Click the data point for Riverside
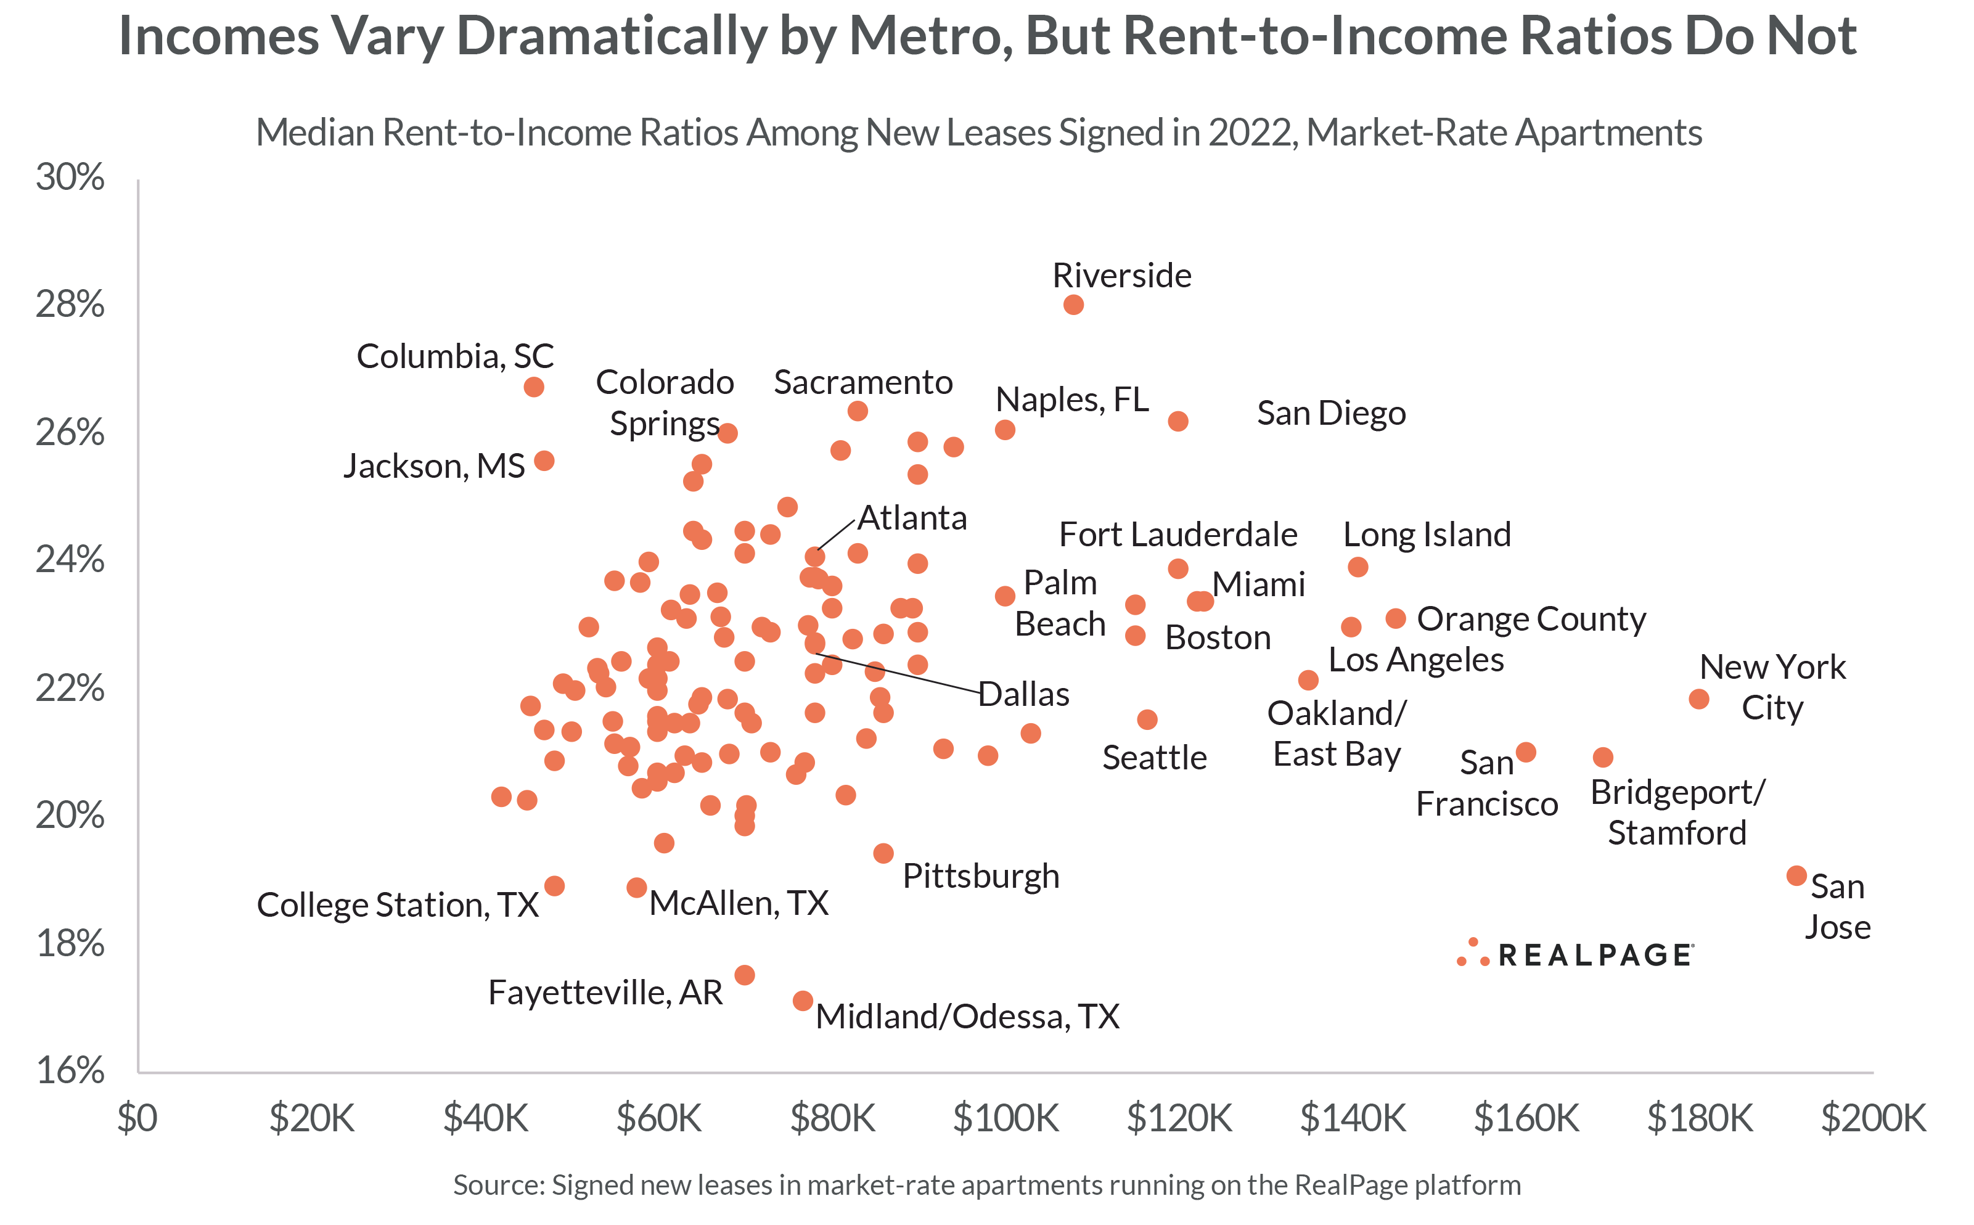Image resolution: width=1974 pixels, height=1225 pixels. tap(1073, 305)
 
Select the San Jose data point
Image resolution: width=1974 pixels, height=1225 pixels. tap(1796, 876)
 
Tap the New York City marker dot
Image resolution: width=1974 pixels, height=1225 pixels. tap(1698, 699)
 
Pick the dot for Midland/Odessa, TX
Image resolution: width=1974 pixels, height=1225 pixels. tap(803, 1001)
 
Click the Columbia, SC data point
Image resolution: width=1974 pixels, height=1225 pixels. tap(534, 387)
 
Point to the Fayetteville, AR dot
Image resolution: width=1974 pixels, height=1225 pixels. tap(744, 975)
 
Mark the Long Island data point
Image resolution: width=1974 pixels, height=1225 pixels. tap(1358, 567)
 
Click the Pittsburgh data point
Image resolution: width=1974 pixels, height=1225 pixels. tap(883, 853)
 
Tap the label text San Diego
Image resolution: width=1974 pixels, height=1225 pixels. tap(1331, 413)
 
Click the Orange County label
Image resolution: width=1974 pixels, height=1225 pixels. tap(1531, 619)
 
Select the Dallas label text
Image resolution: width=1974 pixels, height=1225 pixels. tap(1024, 694)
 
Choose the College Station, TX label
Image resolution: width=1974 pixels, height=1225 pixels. tap(397, 905)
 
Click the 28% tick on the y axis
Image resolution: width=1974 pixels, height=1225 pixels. tap(70, 305)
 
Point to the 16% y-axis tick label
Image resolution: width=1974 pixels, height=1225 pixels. tap(70, 1071)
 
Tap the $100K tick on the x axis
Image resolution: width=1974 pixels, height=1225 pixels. tap(1005, 1118)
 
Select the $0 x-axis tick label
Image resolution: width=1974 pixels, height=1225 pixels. tap(137, 1118)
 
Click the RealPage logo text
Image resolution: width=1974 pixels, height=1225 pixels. tap(1594, 955)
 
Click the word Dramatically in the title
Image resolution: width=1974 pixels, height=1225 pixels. tap(611, 36)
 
